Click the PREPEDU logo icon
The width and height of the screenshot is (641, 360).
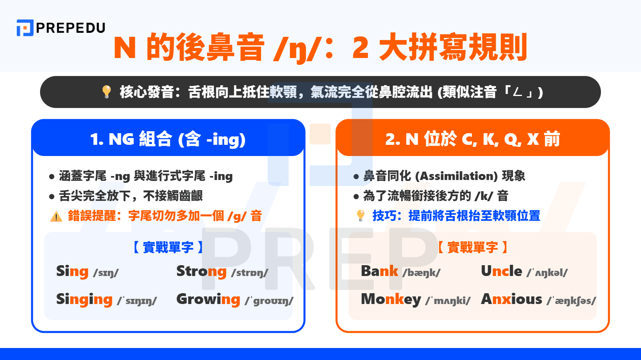[x=25, y=28]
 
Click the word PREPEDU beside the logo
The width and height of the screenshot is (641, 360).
[x=71, y=28]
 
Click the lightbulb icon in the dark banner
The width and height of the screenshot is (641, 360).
[x=107, y=92]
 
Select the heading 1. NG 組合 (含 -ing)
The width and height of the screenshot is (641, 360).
[x=168, y=139]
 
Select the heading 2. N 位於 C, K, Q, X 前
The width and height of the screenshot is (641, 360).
[x=472, y=139]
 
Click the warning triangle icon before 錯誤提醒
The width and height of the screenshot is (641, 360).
[x=56, y=216]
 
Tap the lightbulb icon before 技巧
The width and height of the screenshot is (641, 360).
[x=361, y=216]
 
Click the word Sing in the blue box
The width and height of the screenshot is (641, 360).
[x=72, y=272]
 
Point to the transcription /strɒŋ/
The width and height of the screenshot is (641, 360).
[x=250, y=273]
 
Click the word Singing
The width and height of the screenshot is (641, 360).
[x=84, y=300]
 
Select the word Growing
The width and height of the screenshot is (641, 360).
[x=208, y=300]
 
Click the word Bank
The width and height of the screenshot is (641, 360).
[x=379, y=271]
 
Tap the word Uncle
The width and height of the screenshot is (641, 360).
[x=501, y=271]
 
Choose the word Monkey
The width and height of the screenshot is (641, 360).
[x=391, y=300]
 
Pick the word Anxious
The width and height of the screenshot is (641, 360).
[x=512, y=299]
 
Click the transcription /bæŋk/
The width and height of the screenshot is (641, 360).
[x=421, y=273]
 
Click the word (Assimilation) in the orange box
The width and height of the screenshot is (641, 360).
[x=456, y=176]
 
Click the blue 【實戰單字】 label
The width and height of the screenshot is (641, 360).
[x=168, y=247]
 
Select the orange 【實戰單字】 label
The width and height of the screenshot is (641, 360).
[x=472, y=247]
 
